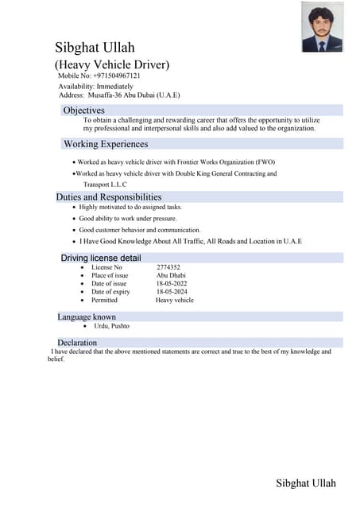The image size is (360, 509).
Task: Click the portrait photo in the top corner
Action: click(x=322, y=27)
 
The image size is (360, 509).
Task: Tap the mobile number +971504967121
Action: click(x=116, y=76)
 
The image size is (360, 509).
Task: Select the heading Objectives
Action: click(x=83, y=110)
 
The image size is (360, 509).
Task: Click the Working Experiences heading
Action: click(x=106, y=144)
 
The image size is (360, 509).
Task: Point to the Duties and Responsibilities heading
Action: click(x=109, y=196)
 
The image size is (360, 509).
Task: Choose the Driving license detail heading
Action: click(x=101, y=258)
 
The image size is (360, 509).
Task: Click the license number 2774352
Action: click(x=168, y=267)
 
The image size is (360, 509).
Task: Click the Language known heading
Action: click(x=87, y=317)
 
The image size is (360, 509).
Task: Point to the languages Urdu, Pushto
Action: click(x=112, y=326)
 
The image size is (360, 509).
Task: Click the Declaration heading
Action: click(x=77, y=343)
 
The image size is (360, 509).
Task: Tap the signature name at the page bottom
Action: click(x=306, y=483)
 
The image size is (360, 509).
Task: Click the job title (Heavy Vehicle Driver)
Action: click(x=112, y=64)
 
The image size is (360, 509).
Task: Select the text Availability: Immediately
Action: click(x=95, y=86)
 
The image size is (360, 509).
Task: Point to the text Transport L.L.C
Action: click(x=105, y=184)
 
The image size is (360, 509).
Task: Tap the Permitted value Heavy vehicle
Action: click(x=174, y=301)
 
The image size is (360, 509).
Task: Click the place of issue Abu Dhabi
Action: click(x=171, y=275)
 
